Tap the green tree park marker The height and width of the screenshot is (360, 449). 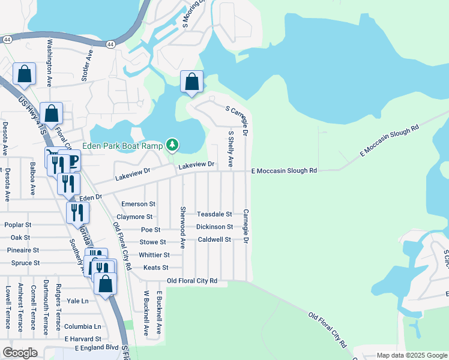172,145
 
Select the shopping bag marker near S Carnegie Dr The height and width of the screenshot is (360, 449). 191,82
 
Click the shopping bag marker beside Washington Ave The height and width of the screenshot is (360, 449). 25,75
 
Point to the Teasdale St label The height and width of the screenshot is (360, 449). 214,214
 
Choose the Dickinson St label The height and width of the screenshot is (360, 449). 214,227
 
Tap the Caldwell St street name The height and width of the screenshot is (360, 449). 214,239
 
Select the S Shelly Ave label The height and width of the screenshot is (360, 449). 231,149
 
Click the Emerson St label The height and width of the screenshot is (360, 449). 138,204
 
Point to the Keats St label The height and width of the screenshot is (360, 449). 156,268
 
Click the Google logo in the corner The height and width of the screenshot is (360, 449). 20,352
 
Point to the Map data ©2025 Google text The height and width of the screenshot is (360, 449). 411,355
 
